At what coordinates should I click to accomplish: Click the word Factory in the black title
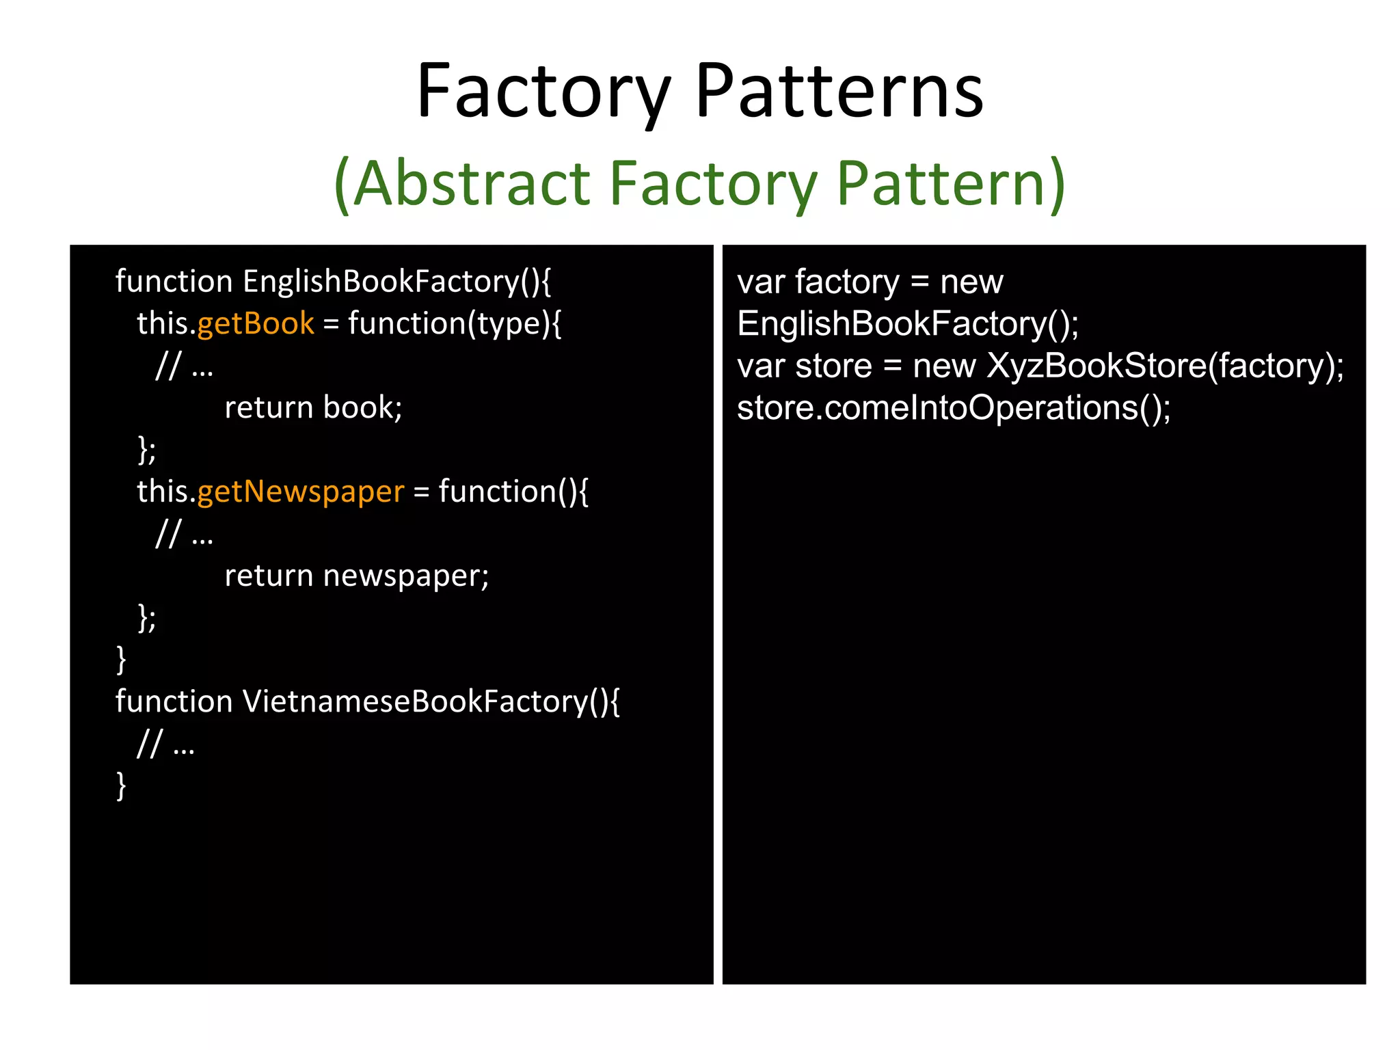pos(543,92)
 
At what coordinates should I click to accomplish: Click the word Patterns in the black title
pos(839,92)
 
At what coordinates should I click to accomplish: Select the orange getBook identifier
pos(256,323)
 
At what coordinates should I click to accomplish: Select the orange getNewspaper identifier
pos(301,492)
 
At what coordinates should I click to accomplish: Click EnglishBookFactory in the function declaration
pos(396,282)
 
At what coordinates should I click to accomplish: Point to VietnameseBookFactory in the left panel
pos(431,701)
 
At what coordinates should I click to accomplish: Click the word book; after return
pos(362,407)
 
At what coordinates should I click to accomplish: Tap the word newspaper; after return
pos(406,576)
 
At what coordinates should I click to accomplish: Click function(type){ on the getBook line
pos(455,323)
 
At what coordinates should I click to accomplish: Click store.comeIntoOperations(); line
pos(954,408)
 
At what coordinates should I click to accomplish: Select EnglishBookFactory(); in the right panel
pos(908,324)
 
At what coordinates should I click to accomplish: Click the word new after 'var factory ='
pos(971,282)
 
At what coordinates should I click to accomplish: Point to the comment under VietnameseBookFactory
pos(166,744)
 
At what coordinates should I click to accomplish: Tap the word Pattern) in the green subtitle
pos(950,183)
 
